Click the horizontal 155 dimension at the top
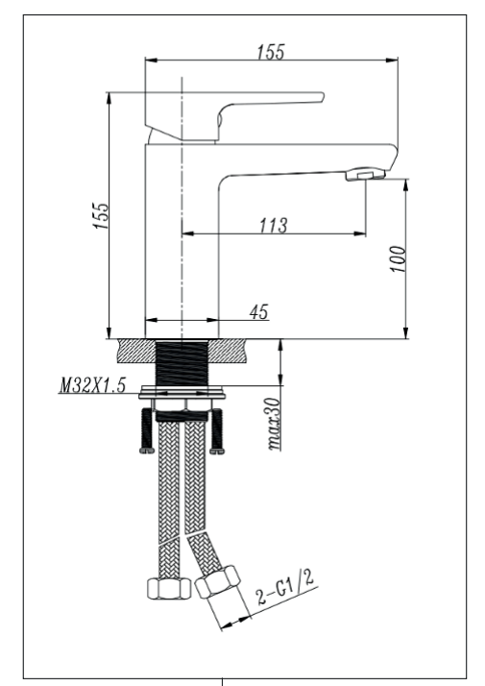coord(271,52)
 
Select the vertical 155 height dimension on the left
coord(100,215)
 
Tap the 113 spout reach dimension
coord(274,226)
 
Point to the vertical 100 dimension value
coord(398,258)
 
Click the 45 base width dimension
coord(259,312)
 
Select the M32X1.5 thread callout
coord(92,385)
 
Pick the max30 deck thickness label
coord(274,424)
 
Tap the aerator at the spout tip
coord(366,174)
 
